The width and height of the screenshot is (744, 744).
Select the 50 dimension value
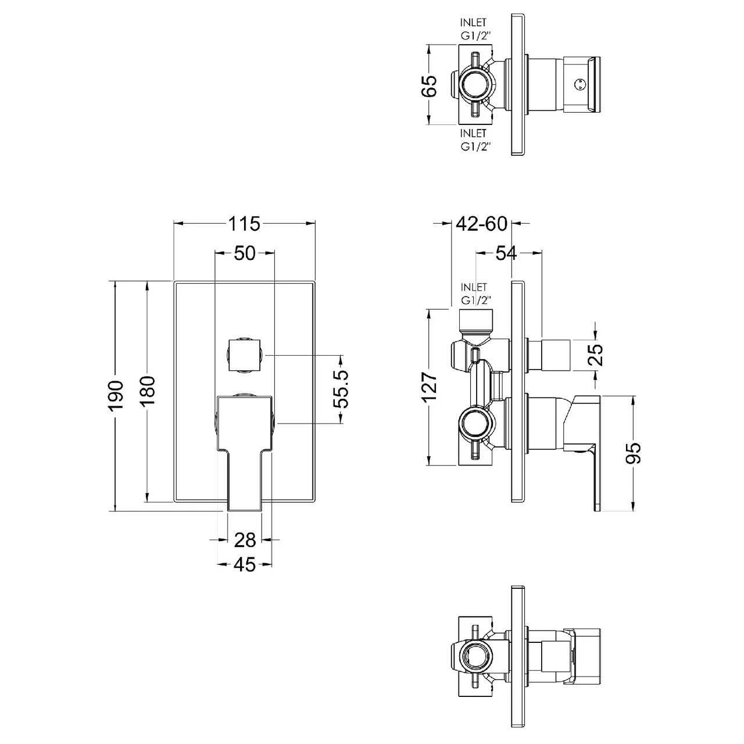[x=245, y=253]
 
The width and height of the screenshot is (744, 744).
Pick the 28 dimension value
[x=245, y=540]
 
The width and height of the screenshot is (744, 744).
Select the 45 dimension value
[x=245, y=564]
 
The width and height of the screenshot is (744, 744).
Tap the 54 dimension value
[x=506, y=253]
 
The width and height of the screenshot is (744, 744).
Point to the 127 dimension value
[x=428, y=387]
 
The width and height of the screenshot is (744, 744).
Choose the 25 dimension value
[x=596, y=354]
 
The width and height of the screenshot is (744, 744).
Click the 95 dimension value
[x=635, y=452]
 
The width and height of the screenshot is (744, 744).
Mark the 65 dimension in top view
[x=428, y=85]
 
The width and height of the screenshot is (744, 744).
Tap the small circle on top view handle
[x=578, y=85]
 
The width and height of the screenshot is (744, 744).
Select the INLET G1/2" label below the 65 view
[x=473, y=140]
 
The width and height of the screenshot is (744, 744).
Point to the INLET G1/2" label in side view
[x=473, y=294]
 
